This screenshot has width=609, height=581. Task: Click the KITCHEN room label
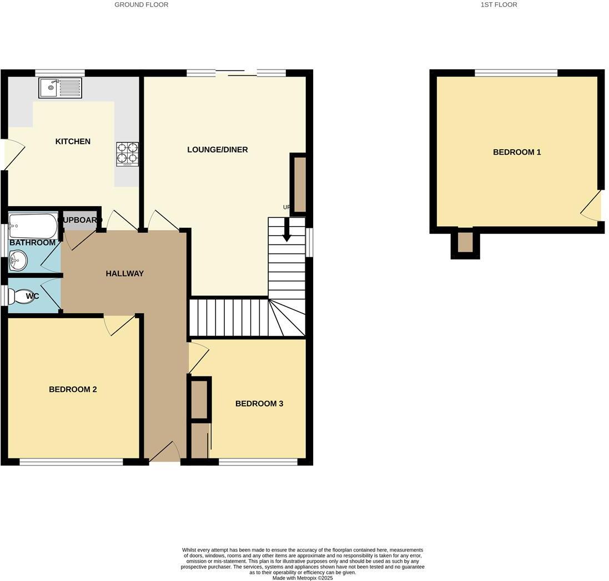[73, 141]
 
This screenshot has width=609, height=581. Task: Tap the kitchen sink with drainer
[60, 88]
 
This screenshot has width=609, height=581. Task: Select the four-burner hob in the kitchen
[127, 154]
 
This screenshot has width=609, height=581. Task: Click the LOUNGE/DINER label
[217, 150]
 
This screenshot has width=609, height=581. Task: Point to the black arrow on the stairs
[286, 230]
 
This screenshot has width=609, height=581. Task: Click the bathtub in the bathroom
[33, 226]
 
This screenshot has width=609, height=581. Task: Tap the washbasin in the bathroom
[18, 259]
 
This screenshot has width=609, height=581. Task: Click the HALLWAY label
[124, 273]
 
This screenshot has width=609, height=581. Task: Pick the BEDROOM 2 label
[73, 389]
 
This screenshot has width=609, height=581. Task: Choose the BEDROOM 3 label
[259, 404]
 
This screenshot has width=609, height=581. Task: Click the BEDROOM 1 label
[517, 152]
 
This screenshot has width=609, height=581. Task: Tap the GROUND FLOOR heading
[141, 4]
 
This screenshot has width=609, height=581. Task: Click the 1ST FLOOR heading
[499, 4]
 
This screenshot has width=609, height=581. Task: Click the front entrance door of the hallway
[164, 453]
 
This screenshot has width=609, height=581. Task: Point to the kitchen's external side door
[13, 155]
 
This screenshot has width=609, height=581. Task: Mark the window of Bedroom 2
[71, 462]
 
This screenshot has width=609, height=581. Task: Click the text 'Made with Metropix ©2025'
[303, 578]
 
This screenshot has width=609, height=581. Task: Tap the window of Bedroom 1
[516, 73]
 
